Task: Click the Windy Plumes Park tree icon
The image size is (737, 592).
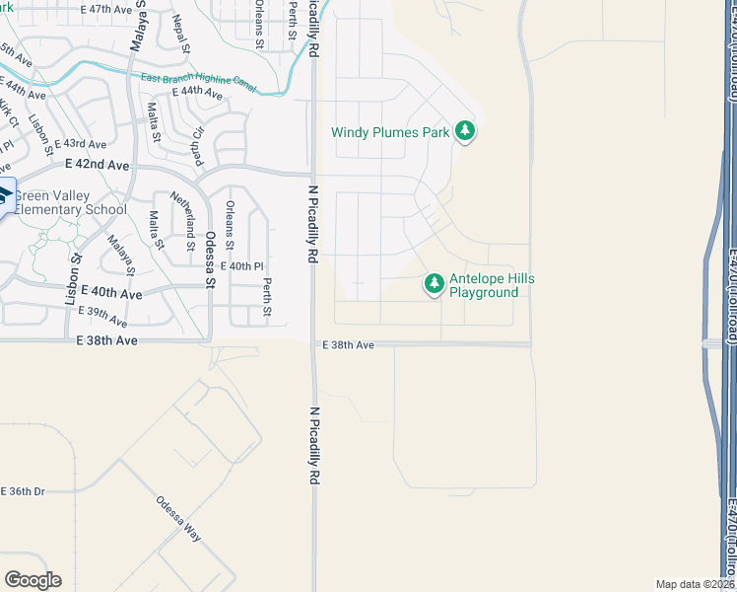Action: click(465, 131)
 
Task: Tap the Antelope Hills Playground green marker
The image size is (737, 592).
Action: click(434, 285)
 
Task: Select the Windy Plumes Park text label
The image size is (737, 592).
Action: click(390, 132)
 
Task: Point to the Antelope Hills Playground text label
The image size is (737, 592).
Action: click(492, 286)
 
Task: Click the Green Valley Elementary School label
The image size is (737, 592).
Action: click(70, 202)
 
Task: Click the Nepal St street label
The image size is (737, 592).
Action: click(180, 33)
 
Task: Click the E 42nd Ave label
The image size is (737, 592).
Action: click(98, 165)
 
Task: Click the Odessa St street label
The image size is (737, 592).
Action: click(210, 259)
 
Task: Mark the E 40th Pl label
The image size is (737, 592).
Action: click(243, 266)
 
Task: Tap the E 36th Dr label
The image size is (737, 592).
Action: click(23, 491)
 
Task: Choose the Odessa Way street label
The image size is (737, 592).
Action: click(177, 517)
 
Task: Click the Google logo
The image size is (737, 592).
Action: click(33, 580)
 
